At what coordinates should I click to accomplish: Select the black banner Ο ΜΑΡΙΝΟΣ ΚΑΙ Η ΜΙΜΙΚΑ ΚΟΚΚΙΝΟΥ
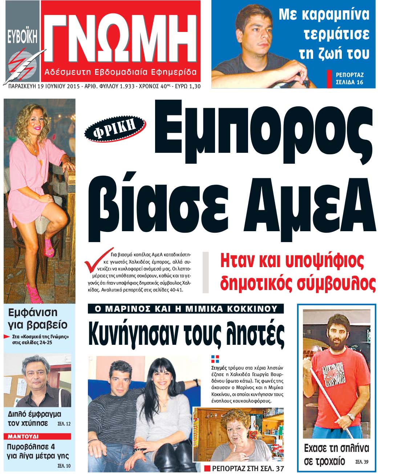pos(186,309)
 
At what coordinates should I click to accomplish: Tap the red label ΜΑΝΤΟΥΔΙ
pos(23,436)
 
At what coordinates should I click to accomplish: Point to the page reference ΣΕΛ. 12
pos(64,424)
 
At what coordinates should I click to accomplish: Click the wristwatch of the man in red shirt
pos(351,417)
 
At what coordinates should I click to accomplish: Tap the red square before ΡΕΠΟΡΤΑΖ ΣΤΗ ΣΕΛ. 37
pos(207,468)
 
